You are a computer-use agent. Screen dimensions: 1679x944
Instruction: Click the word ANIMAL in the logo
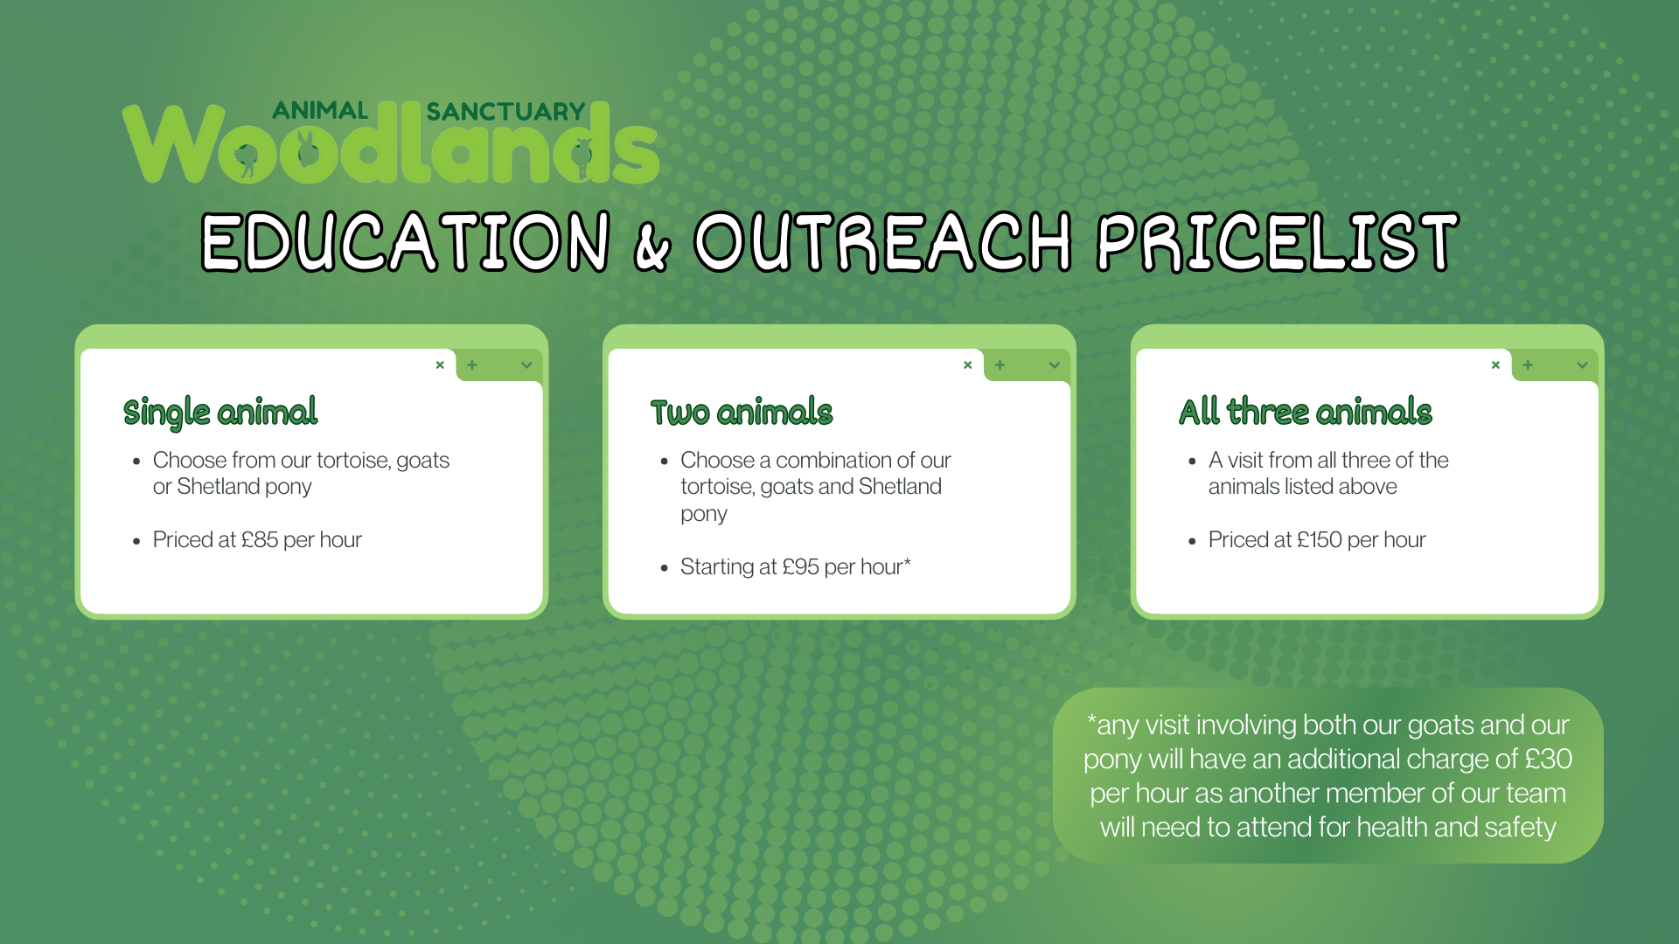click(320, 110)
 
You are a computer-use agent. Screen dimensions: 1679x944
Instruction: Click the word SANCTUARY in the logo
click(505, 112)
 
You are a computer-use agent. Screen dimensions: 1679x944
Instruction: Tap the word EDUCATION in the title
click(406, 242)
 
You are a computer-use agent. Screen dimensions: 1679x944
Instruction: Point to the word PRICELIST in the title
click(1278, 242)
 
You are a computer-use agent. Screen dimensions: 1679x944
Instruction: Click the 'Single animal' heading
click(220, 413)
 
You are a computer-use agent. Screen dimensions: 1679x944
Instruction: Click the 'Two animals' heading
click(742, 412)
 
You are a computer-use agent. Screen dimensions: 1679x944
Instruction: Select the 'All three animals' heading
click(1306, 412)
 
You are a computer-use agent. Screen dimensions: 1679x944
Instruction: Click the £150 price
click(1319, 540)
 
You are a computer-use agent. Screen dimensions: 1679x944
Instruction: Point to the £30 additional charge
click(1549, 759)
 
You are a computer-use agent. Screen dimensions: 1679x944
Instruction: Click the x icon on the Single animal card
click(440, 365)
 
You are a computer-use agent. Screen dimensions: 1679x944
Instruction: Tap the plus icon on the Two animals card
click(1000, 365)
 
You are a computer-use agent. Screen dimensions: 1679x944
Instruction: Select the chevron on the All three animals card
click(1582, 365)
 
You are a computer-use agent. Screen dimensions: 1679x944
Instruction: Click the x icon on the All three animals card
click(1495, 365)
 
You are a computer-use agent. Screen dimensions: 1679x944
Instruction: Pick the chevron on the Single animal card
click(526, 365)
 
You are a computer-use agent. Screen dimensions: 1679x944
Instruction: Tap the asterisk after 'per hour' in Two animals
click(907, 563)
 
